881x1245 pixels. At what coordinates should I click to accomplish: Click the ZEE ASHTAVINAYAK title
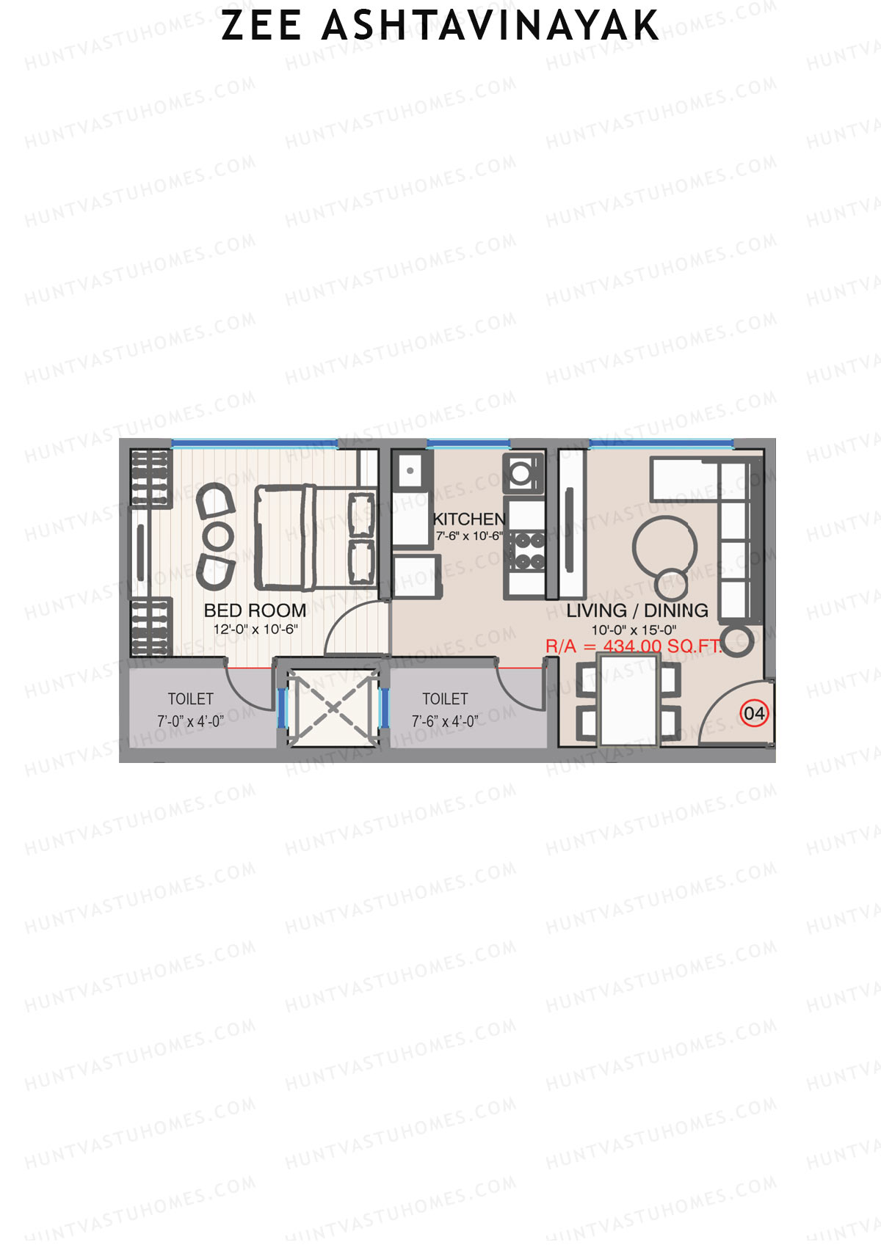click(x=440, y=26)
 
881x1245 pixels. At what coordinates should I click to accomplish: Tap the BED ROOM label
click(x=255, y=610)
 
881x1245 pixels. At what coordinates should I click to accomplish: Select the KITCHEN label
click(x=469, y=519)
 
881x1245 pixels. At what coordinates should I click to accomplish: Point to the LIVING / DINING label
click(x=637, y=610)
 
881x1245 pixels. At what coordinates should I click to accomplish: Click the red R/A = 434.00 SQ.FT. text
click(x=633, y=646)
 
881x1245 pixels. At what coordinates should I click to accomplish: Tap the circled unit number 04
click(x=754, y=713)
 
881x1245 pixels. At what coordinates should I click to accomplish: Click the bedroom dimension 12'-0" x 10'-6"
click(x=255, y=629)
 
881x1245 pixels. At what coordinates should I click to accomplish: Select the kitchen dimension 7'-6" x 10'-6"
click(x=469, y=536)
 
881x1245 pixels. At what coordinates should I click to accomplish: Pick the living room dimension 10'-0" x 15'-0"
click(x=634, y=629)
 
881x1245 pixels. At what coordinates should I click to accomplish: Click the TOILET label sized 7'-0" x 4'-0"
click(x=190, y=699)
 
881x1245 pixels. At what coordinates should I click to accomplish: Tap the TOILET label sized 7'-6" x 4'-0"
click(x=445, y=699)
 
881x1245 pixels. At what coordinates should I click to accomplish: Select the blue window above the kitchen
click(x=468, y=443)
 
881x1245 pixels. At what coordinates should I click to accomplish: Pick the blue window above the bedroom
click(x=253, y=443)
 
